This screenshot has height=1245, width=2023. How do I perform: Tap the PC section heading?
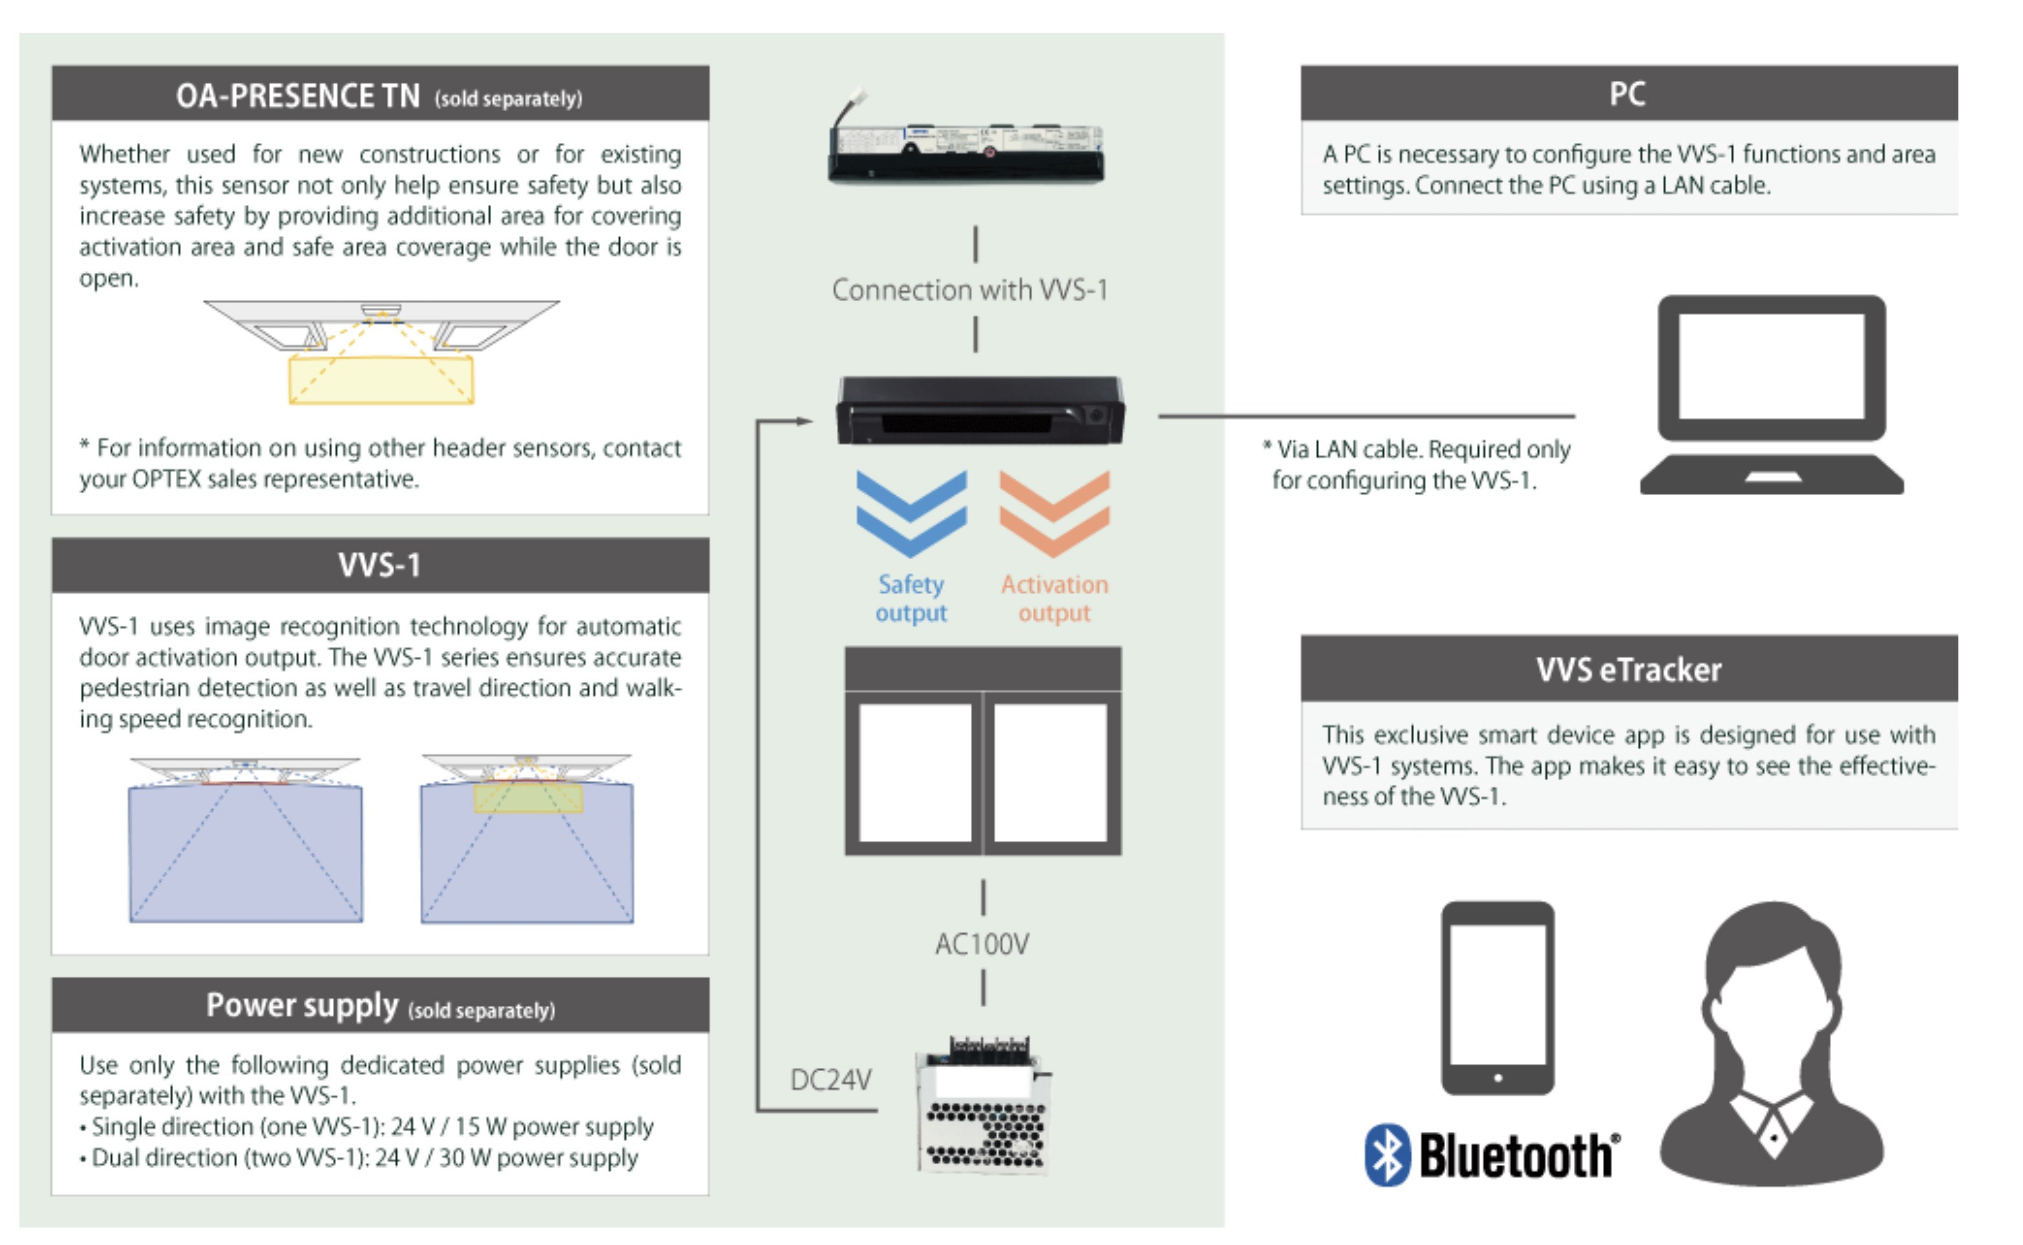(1627, 94)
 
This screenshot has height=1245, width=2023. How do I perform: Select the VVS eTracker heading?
(1627, 670)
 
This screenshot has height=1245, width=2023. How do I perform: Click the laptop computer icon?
(1771, 395)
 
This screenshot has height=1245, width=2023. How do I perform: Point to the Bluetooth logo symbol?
(1388, 1155)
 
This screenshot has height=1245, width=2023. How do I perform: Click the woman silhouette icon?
(1771, 1046)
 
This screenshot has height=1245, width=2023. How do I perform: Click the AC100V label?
(982, 944)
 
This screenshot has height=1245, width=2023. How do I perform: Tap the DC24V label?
(830, 1080)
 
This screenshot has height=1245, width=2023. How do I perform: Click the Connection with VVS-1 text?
(969, 290)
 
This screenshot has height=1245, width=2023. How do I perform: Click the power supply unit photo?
(984, 1107)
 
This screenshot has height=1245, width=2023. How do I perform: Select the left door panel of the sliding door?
(915, 772)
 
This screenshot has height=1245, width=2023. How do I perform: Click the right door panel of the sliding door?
(1050, 772)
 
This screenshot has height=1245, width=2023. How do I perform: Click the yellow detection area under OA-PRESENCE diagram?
(381, 380)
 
